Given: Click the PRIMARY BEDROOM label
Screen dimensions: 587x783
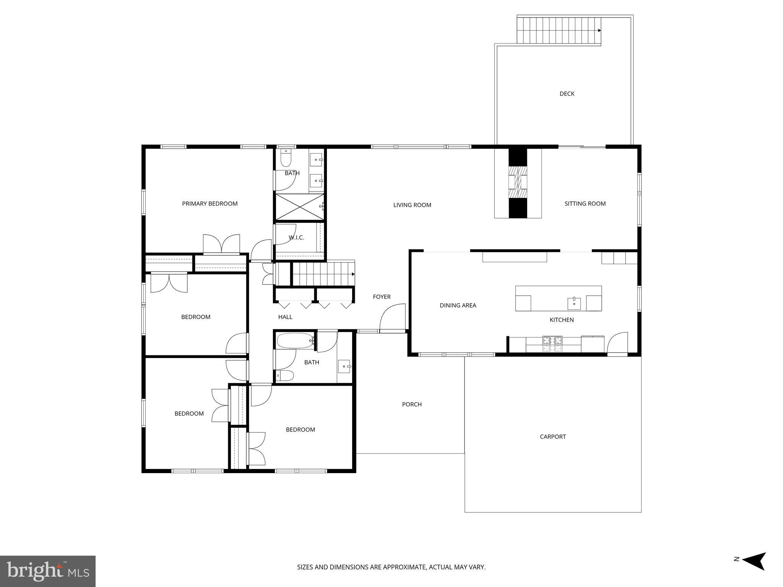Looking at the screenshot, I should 210,204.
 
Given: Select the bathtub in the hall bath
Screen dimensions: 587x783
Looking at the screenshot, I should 295,341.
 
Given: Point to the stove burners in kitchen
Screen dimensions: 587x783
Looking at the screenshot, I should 553,344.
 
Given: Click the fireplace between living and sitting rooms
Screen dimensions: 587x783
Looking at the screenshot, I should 518,183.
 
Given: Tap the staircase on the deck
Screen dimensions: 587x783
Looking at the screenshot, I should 558,30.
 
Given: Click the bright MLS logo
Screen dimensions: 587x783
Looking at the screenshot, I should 47,571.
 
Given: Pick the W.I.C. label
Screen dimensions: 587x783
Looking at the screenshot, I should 296,238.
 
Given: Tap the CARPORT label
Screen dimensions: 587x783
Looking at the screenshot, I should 552,436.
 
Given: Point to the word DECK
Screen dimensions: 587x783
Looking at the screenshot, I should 567,94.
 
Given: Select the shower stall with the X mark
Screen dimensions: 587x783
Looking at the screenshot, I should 299,207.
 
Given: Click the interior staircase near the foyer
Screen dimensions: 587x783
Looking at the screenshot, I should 323,274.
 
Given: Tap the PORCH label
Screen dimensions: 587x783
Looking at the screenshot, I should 412,404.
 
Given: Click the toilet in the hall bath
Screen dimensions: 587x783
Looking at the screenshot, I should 284,375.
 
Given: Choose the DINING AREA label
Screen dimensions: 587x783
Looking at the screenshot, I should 458,305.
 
